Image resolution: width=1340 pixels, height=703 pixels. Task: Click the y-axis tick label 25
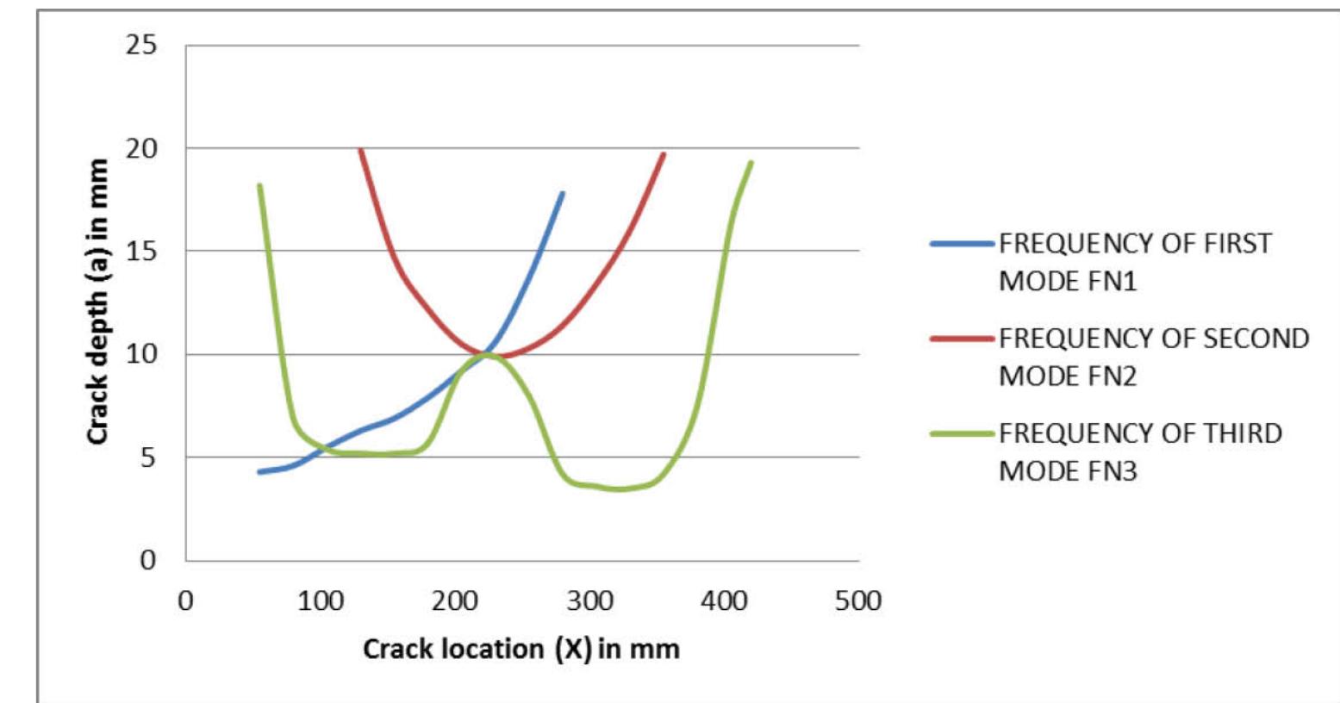[x=141, y=45]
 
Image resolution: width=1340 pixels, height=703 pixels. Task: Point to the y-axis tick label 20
[x=141, y=148]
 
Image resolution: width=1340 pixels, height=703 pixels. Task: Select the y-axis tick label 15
[x=141, y=252]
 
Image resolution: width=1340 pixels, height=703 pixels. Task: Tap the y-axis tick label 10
[x=141, y=354]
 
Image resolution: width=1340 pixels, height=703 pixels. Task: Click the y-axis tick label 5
[x=148, y=457]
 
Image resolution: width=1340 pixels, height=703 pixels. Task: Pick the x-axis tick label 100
[x=321, y=600]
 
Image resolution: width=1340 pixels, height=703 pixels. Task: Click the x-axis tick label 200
[x=455, y=600]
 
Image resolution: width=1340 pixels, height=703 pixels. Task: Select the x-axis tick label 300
[x=590, y=600]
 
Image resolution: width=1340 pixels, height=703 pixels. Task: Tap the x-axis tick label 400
[x=725, y=600]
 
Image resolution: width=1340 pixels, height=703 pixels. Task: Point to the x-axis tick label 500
[x=858, y=600]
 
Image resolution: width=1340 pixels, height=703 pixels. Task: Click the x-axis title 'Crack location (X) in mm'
[x=521, y=649]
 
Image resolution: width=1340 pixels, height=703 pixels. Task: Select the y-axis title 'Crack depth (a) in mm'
[x=97, y=302]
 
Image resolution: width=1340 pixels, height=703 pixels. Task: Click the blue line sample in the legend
[x=962, y=244]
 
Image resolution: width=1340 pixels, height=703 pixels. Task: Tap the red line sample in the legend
[x=962, y=339]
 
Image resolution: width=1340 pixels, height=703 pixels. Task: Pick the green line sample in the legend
[x=962, y=433]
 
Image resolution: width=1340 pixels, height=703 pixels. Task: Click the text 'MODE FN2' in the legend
[x=1068, y=376]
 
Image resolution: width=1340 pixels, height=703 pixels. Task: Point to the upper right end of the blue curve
[x=563, y=193]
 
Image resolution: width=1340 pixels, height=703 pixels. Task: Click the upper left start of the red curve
[x=361, y=150]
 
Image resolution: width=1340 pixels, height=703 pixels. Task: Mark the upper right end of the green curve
[x=751, y=162]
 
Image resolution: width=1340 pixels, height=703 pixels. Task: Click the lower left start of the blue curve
[x=259, y=472]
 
